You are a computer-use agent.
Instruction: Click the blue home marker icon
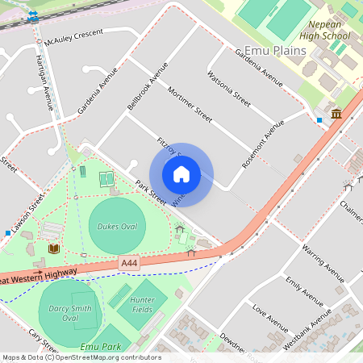[181, 173]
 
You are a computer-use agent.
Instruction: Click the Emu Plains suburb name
[276, 51]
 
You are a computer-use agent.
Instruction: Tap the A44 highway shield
[128, 263]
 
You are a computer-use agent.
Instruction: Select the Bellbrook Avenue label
[147, 86]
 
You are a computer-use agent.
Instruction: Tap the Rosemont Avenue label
[264, 144]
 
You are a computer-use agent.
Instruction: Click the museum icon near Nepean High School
[336, 114]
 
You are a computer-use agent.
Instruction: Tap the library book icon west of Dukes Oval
[53, 249]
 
